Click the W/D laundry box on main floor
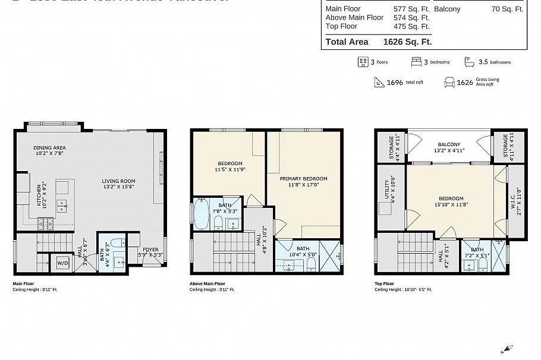(62, 263)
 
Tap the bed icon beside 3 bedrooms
(416, 62)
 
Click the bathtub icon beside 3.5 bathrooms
(469, 62)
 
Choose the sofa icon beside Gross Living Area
(449, 82)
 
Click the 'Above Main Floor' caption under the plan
(207, 284)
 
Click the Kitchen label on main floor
(39, 195)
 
